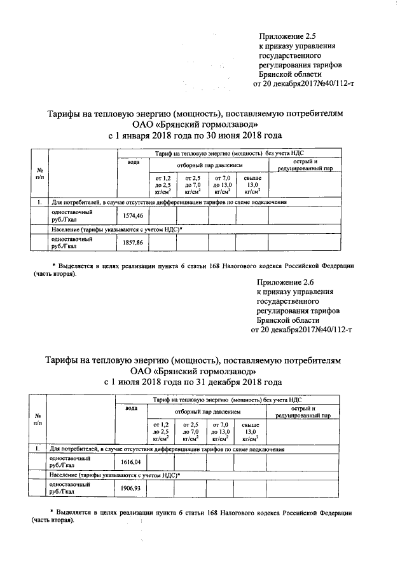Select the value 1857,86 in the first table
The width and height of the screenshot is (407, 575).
pyautogui.click(x=132, y=243)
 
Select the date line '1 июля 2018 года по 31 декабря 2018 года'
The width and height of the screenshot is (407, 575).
pyautogui.click(x=193, y=382)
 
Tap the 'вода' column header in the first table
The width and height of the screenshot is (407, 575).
pyautogui.click(x=133, y=163)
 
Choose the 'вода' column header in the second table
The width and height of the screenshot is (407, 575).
pyautogui.click(x=131, y=407)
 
